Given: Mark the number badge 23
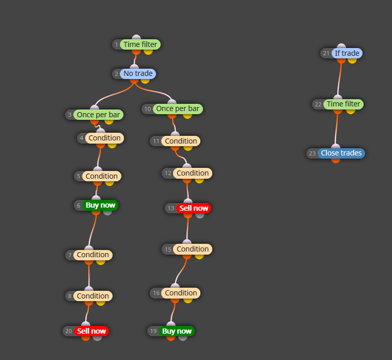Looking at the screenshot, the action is pyautogui.click(x=312, y=153).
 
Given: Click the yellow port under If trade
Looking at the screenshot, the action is pyautogui.click(x=352, y=60).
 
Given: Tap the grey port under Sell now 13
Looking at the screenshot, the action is pyautogui.click(x=200, y=215).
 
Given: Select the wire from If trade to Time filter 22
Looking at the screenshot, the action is pyautogui.click(x=339, y=79).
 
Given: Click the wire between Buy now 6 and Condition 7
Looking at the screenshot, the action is pyautogui.click(x=92, y=230).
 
